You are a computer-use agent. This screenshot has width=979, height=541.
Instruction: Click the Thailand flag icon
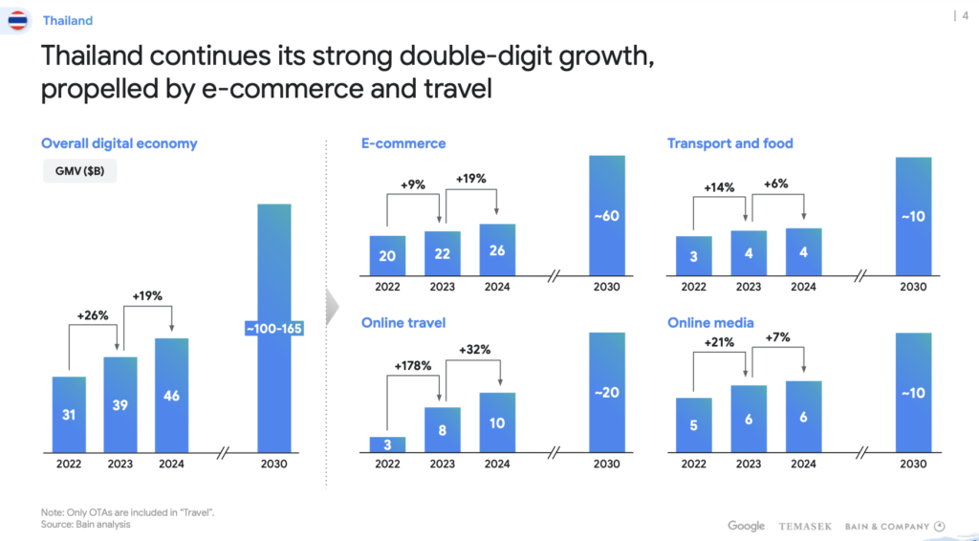[17, 20]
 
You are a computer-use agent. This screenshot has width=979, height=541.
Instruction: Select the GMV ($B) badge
[80, 172]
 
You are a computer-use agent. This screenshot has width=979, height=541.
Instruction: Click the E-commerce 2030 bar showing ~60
[606, 215]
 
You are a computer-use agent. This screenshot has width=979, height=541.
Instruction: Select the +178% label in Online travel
[413, 365]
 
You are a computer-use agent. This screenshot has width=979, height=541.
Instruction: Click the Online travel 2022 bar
[387, 444]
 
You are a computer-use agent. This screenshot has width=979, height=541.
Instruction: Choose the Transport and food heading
[729, 143]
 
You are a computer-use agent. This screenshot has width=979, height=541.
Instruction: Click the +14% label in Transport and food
[718, 187]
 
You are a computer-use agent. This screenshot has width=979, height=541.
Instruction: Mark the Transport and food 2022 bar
[693, 256]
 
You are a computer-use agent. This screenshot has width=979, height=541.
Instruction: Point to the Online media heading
[710, 323]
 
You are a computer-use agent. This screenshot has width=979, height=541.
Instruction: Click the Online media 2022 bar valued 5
[693, 424]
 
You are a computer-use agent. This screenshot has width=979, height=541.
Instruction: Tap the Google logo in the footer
[746, 526]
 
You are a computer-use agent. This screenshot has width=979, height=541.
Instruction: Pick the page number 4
[964, 14]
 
